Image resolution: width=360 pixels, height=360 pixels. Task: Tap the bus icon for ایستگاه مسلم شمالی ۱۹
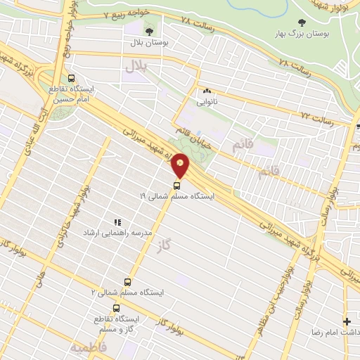[x=176, y=186]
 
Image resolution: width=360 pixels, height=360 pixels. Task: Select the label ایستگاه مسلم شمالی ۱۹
[x=176, y=196]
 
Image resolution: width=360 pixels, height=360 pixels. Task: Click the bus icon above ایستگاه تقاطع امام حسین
[x=70, y=79]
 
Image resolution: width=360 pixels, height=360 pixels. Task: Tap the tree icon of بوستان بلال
[x=148, y=31]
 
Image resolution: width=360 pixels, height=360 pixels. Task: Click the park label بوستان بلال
[x=148, y=42]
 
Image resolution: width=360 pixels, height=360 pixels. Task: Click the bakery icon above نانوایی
[x=207, y=91]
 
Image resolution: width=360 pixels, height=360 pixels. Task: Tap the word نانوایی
[x=207, y=101]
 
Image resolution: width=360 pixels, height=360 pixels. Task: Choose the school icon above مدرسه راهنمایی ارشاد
[x=117, y=221]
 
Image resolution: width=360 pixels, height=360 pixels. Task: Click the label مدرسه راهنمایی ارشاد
[x=117, y=232]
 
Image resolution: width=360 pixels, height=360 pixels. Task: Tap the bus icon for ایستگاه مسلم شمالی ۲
[x=127, y=281]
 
